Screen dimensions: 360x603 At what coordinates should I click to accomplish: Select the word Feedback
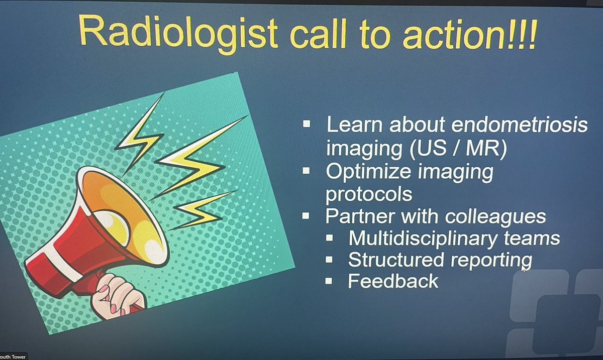coord(393,281)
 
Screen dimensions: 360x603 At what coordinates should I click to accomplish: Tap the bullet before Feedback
coord(329,281)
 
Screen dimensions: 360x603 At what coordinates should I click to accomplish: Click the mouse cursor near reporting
coord(524,269)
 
